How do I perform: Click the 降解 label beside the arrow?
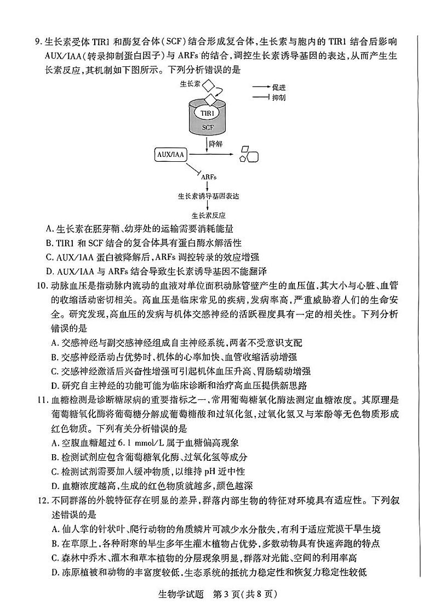(216, 144)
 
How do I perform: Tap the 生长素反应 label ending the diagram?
(209, 216)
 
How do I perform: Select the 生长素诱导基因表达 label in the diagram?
(209, 195)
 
